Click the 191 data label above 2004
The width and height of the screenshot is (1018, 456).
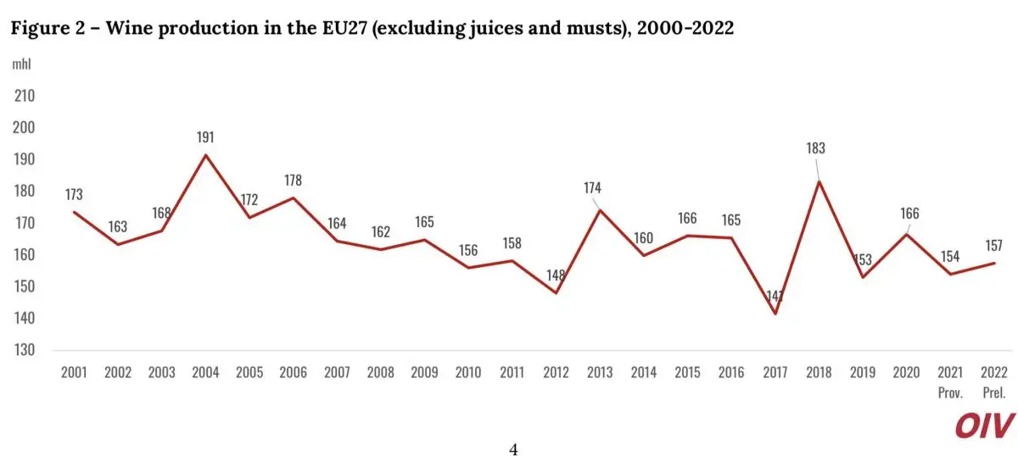tap(205, 136)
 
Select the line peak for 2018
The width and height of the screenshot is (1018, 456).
tap(819, 181)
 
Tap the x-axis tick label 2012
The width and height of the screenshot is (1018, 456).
tap(556, 372)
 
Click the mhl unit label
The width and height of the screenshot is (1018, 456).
tap(21, 64)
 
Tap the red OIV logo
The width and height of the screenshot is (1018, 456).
tap(984, 425)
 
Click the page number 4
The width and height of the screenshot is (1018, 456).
tap(513, 449)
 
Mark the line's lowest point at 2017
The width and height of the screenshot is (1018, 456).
tap(775, 314)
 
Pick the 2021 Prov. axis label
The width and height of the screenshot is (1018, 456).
tap(950, 380)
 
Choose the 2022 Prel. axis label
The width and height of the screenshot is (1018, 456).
tap(994, 380)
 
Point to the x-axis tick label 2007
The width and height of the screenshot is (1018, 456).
tap(337, 372)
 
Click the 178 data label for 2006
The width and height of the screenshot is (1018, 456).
tap(292, 180)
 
